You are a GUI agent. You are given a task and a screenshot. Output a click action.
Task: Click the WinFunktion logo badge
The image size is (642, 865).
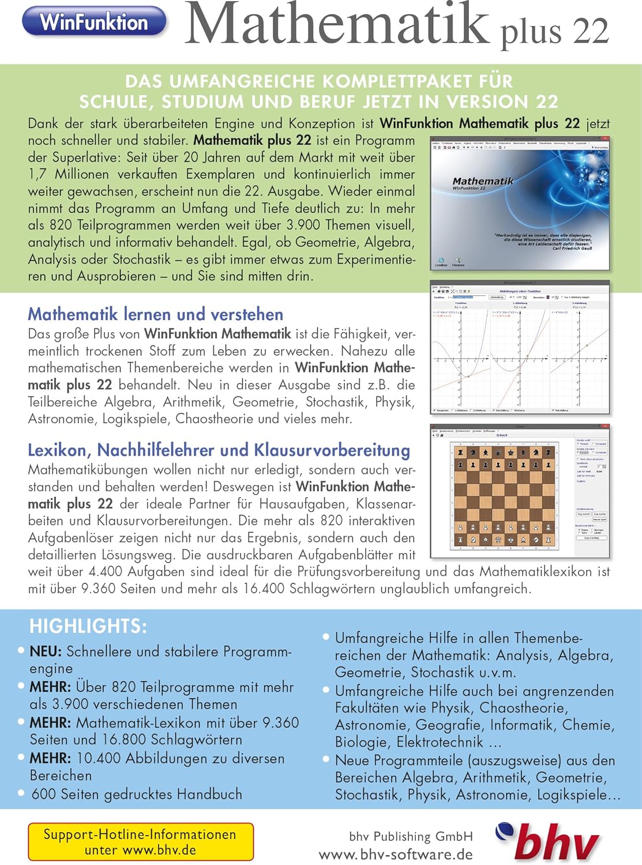[x=94, y=22]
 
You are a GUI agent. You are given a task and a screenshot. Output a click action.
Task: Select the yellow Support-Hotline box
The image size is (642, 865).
[x=140, y=842]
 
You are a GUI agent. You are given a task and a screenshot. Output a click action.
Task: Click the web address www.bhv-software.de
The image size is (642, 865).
[x=396, y=854]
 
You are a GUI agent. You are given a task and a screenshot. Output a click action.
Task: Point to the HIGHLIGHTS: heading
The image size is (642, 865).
[x=88, y=626]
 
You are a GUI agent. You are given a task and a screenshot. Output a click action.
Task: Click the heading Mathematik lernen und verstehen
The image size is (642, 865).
[x=156, y=314]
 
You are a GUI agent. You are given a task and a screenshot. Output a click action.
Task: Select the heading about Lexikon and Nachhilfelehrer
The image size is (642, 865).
[x=219, y=450]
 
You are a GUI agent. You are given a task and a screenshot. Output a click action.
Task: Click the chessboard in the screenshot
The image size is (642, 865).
[x=502, y=495]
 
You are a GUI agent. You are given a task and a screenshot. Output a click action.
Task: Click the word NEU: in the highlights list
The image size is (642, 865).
[x=46, y=652]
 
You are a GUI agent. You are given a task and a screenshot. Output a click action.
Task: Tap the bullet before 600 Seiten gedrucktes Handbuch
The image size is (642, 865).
[x=21, y=793]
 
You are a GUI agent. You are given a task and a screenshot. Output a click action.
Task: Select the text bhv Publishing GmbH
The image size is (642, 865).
[x=411, y=836]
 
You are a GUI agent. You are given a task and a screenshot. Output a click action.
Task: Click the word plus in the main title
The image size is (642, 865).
[x=531, y=32]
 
